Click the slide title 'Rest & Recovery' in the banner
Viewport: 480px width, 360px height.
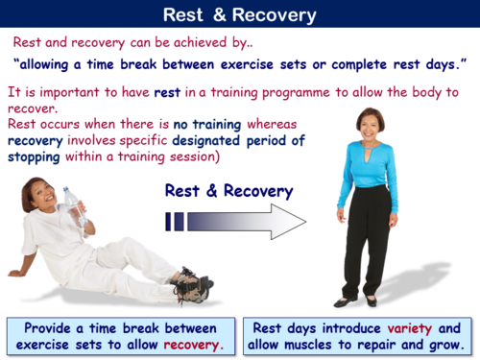tap(240, 14)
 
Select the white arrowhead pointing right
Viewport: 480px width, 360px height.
tap(288, 221)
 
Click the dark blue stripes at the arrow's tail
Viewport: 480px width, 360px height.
tap(175, 222)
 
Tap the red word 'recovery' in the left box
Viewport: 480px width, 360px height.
tap(190, 344)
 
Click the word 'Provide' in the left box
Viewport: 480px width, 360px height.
tap(52, 325)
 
